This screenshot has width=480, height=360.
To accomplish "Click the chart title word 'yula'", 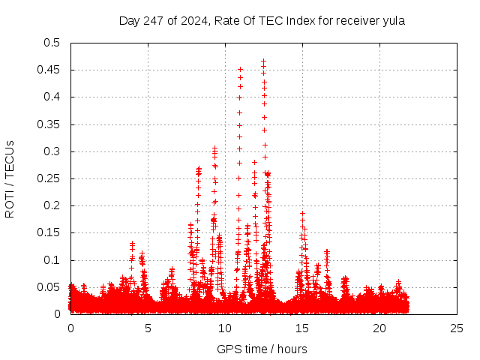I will [392, 21].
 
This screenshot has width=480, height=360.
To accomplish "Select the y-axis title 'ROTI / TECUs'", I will [10, 178].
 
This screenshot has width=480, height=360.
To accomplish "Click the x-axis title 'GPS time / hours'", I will [262, 349].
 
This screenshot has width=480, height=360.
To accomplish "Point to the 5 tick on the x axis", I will [148, 328].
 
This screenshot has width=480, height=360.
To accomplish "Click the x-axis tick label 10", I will [225, 328].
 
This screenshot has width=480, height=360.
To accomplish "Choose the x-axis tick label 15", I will [302, 328].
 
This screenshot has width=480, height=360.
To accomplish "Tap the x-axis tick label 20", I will [379, 328].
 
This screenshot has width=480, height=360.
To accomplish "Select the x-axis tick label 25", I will [457, 328].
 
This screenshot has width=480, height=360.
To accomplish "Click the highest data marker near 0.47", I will [263, 61].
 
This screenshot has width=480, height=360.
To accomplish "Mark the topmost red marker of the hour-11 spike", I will [240, 69].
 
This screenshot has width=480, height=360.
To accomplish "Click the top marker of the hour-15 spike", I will [303, 213].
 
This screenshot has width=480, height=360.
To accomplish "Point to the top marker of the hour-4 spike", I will [133, 243].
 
